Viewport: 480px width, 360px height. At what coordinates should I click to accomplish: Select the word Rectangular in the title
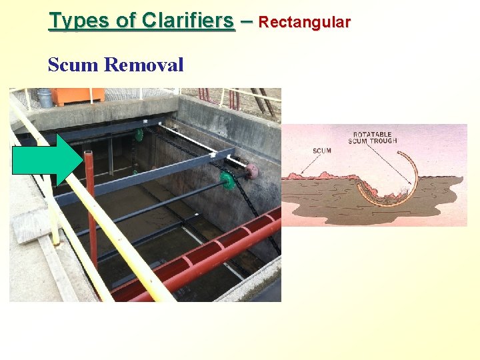(304, 22)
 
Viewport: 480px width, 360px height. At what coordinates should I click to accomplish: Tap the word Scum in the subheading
(73, 65)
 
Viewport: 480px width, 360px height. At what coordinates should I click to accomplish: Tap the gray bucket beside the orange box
(45, 98)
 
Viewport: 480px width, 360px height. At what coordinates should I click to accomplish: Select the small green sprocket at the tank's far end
(139, 135)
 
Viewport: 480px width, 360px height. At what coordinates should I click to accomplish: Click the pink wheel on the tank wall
(253, 171)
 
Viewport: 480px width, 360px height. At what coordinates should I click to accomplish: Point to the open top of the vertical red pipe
(88, 154)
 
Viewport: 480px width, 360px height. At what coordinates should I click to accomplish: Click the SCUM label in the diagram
(322, 151)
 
